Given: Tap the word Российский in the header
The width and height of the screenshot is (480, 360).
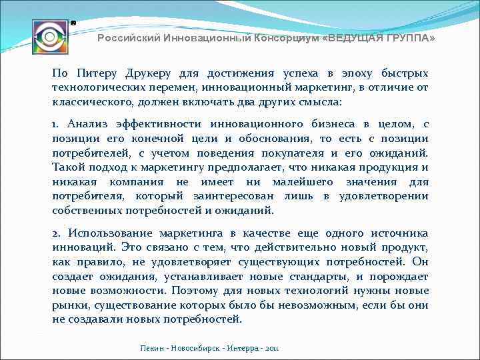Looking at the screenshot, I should [x=127, y=39].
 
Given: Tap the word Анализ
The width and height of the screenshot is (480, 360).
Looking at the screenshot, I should [x=87, y=124].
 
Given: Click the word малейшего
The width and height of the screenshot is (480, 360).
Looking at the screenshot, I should [x=306, y=182].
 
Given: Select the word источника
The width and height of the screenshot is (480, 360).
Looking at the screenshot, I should [x=400, y=233].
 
